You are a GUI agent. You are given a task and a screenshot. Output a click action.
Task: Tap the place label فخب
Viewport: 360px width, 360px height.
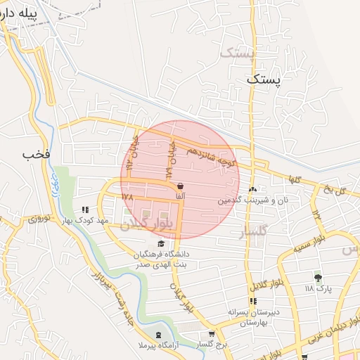[34, 154]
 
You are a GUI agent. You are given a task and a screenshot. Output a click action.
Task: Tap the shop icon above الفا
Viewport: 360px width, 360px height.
[181, 186]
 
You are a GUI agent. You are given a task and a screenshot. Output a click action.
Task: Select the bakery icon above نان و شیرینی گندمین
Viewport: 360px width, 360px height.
[252, 189]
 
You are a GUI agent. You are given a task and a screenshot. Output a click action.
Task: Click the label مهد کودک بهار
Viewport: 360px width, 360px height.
[85, 221]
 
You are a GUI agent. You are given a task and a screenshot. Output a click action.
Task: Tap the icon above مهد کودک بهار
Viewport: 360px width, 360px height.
[86, 210]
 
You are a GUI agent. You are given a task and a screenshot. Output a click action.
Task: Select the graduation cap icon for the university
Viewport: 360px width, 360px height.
[161, 243]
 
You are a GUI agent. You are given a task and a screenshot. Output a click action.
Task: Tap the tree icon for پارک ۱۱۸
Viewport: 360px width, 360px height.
[318, 278]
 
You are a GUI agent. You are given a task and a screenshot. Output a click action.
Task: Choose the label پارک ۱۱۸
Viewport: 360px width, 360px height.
[318, 289]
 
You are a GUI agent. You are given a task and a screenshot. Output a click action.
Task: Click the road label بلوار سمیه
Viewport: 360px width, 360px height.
[295, 249]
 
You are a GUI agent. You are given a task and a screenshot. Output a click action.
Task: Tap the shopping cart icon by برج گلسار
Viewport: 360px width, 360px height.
[212, 334]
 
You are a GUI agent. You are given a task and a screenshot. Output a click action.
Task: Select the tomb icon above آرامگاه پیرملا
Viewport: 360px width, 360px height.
[157, 335]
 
